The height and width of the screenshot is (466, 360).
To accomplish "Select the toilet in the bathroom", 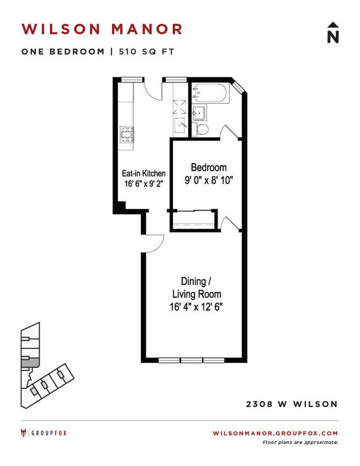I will coord(203,130).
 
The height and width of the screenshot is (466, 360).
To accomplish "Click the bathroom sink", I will coord(200,114).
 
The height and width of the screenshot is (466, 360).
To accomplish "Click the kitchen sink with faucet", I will coord(180,125).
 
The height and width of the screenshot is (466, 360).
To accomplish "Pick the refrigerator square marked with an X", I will coord(180,105).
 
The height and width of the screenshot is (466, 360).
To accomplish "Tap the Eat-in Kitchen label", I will coord(144,173).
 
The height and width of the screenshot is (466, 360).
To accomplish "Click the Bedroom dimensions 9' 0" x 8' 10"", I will coord(209,179).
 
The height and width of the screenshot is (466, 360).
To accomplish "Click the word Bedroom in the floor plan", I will coord(209,167).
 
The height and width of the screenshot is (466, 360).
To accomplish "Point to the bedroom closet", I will coord(193,219).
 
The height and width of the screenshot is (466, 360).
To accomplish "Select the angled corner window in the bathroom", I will coord(238,87).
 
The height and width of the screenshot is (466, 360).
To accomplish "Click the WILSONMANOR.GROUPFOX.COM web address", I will coord(275,433).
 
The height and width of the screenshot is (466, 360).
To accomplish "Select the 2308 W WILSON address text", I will coord(292,404).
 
